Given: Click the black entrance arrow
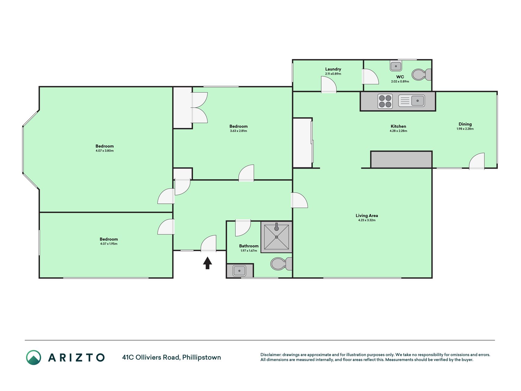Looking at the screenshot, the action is tap(208, 263).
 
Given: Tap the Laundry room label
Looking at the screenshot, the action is tap(333, 69).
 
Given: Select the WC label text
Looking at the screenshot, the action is tap(400, 77).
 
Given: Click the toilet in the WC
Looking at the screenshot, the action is tap(422, 75).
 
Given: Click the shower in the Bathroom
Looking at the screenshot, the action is tap(277, 237).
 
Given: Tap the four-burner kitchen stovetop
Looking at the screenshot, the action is tap(385, 101).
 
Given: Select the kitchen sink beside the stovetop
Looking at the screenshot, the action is tap(411, 101).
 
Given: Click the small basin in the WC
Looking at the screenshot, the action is tap(396, 66).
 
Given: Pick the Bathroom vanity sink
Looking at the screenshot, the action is tap(240, 271).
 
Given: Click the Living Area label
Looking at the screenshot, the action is tap(367, 216).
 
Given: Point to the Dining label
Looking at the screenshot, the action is tap(465, 124).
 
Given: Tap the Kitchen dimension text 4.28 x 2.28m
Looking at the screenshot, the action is tap(398, 131).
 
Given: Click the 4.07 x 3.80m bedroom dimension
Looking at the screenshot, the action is tap(105, 151).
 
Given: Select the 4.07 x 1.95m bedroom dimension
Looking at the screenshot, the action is tap(109, 244).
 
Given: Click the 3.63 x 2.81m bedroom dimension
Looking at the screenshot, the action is tap(238, 131).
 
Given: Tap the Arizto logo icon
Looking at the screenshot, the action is tap(34, 357).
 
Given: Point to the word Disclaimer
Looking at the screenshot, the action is tap(271, 355).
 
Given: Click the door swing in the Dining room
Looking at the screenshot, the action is tap(477, 161).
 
